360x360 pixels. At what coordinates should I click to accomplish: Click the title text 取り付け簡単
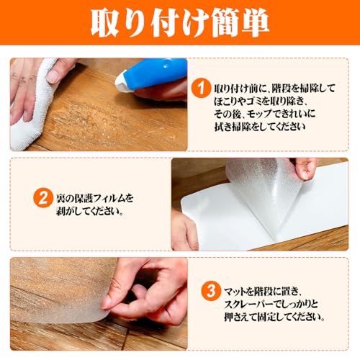click(180, 24)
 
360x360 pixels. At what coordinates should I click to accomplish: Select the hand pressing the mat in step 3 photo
click(144, 288)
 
